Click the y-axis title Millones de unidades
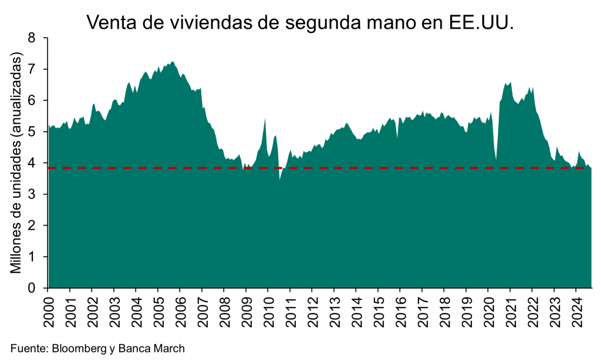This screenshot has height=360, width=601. [17, 163]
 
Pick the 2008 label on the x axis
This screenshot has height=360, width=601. [224, 310]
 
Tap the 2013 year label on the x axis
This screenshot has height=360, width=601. [333, 310]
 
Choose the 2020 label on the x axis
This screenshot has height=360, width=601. [487, 310]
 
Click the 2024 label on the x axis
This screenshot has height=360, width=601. [575, 310]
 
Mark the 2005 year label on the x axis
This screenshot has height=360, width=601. [157, 310]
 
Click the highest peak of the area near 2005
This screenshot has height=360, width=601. [172, 62]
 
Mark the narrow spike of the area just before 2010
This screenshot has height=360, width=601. [265, 119]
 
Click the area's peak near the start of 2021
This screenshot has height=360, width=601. [511, 83]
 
